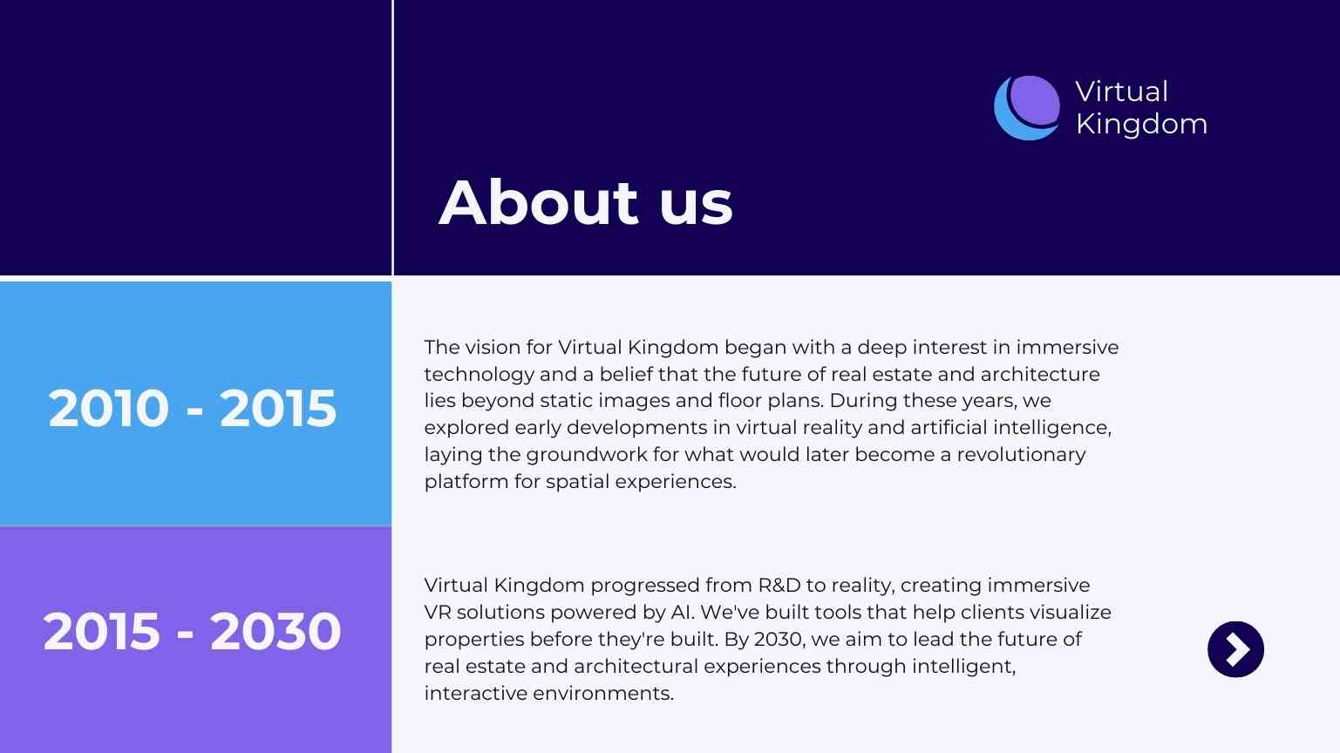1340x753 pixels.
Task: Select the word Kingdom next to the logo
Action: (1141, 124)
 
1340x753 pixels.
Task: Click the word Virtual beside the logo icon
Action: (1122, 92)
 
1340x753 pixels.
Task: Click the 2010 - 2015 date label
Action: (193, 408)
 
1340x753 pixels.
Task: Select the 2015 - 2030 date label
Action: (192, 631)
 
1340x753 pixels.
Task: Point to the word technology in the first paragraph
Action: (480, 375)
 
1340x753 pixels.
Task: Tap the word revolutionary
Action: (1021, 455)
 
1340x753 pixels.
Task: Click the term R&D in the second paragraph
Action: (779, 585)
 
